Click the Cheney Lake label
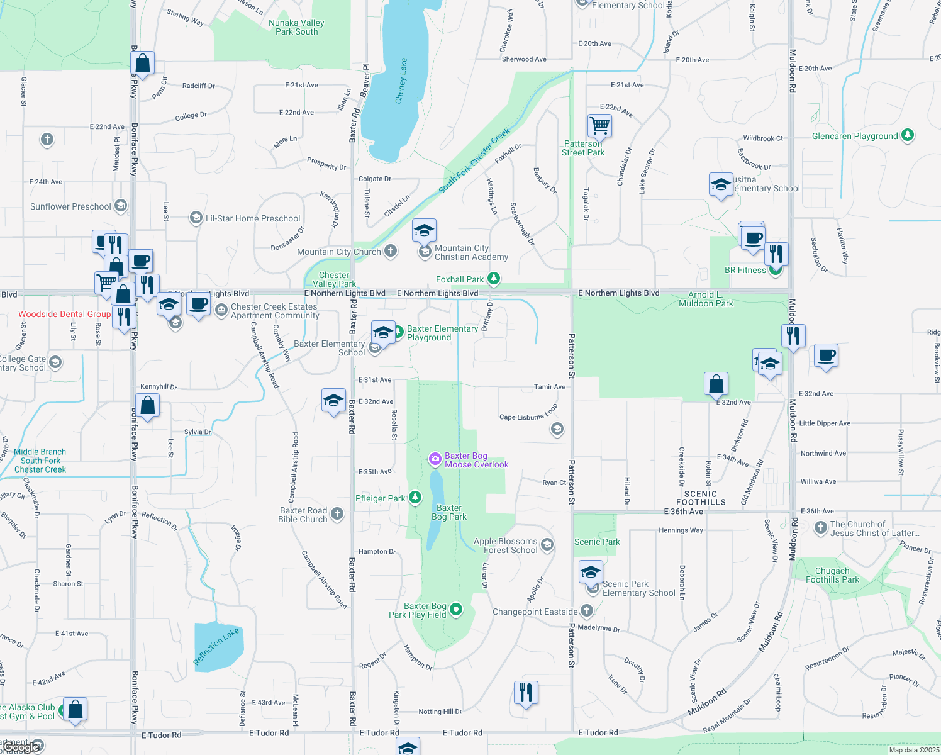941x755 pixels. tap(401, 81)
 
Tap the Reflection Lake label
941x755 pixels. tap(216, 646)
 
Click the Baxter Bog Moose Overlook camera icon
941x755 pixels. tap(435, 459)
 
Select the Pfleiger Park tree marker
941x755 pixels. tap(415, 498)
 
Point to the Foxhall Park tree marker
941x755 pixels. tap(494, 278)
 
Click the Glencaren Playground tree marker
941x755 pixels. tap(907, 135)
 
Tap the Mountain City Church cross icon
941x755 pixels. tap(391, 251)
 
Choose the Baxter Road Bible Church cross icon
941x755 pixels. tap(337, 514)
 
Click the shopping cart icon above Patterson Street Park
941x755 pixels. tap(599, 125)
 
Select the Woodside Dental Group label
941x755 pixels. tap(64, 314)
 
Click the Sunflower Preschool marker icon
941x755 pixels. tap(121, 206)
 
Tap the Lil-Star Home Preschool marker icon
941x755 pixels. tap(196, 218)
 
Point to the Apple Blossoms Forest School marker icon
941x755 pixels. tap(547, 545)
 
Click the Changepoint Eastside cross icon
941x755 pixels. tap(586, 610)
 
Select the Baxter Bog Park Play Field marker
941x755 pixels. tap(456, 609)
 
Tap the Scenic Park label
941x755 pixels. tap(597, 542)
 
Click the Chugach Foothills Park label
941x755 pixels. tap(832, 575)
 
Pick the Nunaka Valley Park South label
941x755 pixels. tap(296, 27)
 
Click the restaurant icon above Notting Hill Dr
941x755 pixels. tap(525, 692)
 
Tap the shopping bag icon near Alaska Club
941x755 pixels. tap(75, 709)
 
